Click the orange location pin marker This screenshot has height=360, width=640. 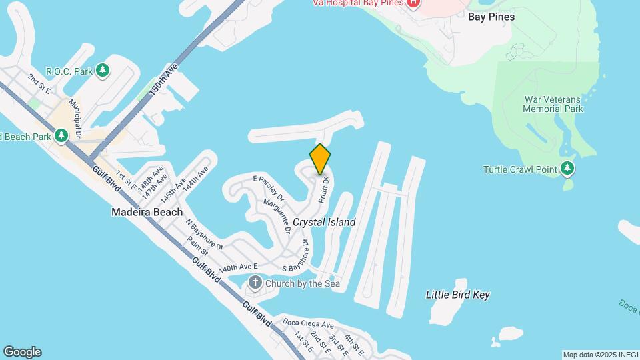tap(320, 159)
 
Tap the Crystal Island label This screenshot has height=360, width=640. tap(324, 222)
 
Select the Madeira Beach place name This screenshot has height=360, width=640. tap(147, 212)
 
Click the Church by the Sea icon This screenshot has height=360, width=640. tap(255, 284)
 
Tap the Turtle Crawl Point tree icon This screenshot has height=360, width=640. tap(567, 169)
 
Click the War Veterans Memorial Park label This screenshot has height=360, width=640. tap(553, 104)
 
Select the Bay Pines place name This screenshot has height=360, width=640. tap(491, 17)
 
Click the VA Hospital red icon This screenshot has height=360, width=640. tap(413, 3)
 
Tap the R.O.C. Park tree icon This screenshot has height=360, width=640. tap(102, 70)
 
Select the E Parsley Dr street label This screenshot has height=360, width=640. tap(269, 189)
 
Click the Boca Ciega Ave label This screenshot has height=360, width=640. tap(307, 323)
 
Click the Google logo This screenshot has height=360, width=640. tap(22, 352)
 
